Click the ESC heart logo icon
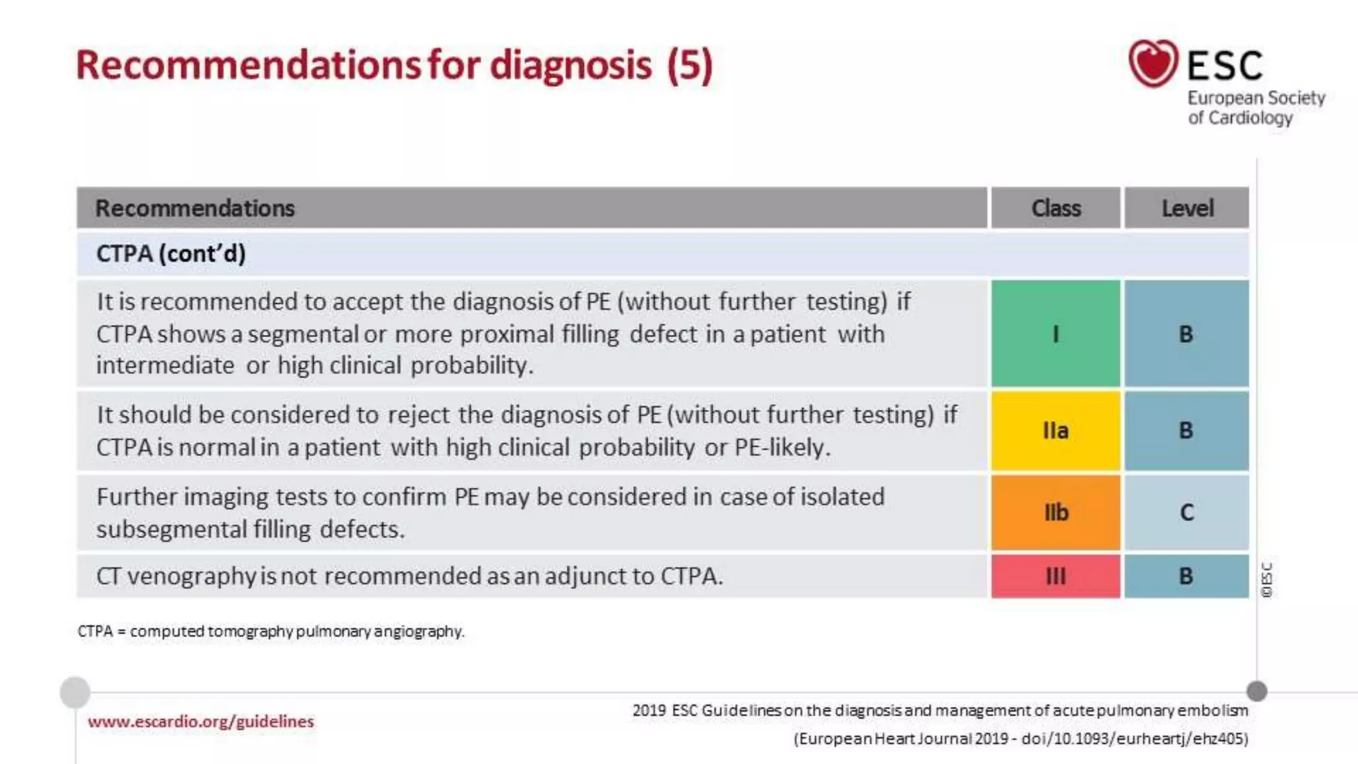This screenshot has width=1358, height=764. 1153,64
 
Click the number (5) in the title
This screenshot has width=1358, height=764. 690,65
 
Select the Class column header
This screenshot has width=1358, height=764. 1056,208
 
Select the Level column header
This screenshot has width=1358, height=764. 1187,208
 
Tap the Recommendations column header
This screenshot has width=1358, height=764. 195,208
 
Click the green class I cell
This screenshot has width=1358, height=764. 1056,334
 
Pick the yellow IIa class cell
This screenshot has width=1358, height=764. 1056,431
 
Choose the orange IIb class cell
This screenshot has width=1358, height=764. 1056,513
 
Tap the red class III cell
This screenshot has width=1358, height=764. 1056,576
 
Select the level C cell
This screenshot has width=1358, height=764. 1186,513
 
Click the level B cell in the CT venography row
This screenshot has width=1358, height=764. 1186,576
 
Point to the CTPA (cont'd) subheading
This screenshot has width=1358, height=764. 171,253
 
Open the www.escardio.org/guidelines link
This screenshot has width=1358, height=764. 200,721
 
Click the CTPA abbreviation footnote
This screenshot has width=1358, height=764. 271,631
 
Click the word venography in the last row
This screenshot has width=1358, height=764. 192,576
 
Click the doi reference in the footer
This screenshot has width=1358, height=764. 1134,738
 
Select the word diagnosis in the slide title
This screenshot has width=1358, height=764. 571,65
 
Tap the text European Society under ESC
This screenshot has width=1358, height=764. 1256,98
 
